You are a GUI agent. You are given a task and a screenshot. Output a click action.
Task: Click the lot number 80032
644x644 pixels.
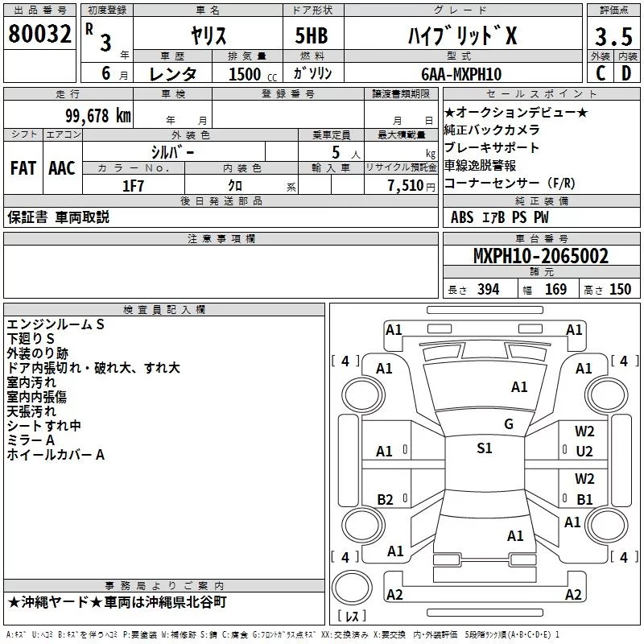tap(39, 33)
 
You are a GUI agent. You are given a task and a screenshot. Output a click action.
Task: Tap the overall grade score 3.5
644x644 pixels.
tap(613, 36)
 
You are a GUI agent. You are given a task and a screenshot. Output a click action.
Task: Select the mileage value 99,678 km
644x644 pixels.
tap(98, 116)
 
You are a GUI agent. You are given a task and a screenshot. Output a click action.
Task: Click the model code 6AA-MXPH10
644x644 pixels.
tap(461, 74)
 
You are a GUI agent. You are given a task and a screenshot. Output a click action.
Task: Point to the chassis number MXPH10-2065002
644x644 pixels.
tap(541, 256)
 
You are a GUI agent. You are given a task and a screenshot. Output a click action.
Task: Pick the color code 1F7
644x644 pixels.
tap(133, 186)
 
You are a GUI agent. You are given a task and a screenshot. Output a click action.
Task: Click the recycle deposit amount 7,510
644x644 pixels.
tap(406, 186)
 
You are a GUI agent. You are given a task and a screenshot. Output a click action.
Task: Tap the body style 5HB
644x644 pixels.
tap(312, 35)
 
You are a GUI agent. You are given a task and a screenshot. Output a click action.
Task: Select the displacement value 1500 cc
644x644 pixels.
tap(253, 74)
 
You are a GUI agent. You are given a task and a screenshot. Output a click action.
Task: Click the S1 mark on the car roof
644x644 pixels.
tap(485, 448)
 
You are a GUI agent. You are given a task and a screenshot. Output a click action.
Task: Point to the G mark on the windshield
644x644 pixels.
tap(509, 424)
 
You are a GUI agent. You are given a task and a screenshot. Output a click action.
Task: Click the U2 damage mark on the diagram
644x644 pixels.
tap(584, 452)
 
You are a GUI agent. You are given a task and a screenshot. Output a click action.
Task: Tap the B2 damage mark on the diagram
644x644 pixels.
tap(385, 499)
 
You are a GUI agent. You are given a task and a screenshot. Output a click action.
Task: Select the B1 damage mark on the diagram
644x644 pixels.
tap(584, 499)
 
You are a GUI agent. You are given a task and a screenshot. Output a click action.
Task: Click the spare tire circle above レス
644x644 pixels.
tap(352, 588)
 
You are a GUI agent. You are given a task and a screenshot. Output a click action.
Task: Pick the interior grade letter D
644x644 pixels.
tap(626, 73)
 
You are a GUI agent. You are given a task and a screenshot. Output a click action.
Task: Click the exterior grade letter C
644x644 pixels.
tap(601, 73)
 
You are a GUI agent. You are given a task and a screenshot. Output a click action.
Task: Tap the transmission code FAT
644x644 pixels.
tap(23, 168)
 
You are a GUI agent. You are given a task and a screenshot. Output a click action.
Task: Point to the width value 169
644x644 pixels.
tap(555, 289)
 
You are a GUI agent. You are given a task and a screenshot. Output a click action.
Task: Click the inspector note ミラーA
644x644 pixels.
tap(31, 440)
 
